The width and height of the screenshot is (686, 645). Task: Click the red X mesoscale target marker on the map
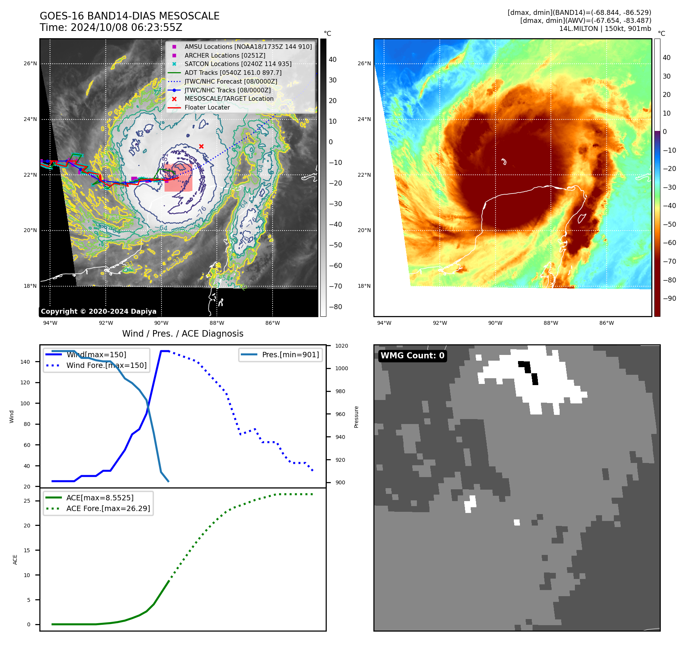pos(201,146)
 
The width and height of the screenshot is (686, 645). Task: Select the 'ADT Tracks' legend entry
pos(233,73)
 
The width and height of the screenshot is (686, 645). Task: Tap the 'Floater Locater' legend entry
pos(207,107)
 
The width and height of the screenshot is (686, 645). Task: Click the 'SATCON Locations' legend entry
pos(238,64)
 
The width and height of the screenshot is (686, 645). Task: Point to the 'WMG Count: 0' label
pos(412,356)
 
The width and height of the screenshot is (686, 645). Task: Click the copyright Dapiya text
pos(98,311)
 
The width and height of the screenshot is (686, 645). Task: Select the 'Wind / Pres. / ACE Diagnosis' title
pos(182,334)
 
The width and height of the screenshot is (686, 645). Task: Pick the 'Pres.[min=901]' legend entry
pos(290,355)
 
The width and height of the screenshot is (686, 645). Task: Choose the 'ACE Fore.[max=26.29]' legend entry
pos(108,508)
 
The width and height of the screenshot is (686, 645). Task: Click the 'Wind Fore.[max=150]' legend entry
pos(106,365)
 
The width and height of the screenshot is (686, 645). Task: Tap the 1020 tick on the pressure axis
pos(341,346)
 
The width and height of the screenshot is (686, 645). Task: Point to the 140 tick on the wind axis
pos(25,362)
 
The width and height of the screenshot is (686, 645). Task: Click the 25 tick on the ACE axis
pos(27,501)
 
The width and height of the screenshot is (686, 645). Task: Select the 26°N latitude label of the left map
pos(30,63)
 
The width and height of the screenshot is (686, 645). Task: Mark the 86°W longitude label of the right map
pos(607,323)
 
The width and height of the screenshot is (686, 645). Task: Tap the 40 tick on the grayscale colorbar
pos(333,60)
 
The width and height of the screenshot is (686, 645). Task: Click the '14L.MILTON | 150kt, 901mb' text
pos(605,29)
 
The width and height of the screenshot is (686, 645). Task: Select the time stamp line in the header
pos(111,27)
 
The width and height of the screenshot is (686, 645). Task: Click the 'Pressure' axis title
pos(356,417)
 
